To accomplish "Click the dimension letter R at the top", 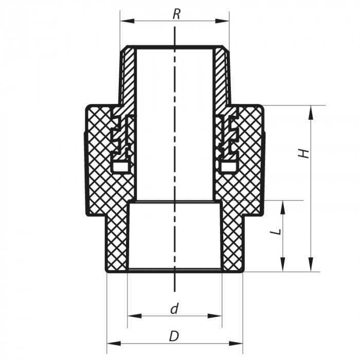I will [176, 14].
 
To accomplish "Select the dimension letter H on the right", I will [305, 153].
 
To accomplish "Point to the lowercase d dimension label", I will [174, 309].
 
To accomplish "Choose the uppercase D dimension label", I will [174, 336].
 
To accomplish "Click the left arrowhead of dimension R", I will [124, 21].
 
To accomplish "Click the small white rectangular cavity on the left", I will [120, 167].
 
